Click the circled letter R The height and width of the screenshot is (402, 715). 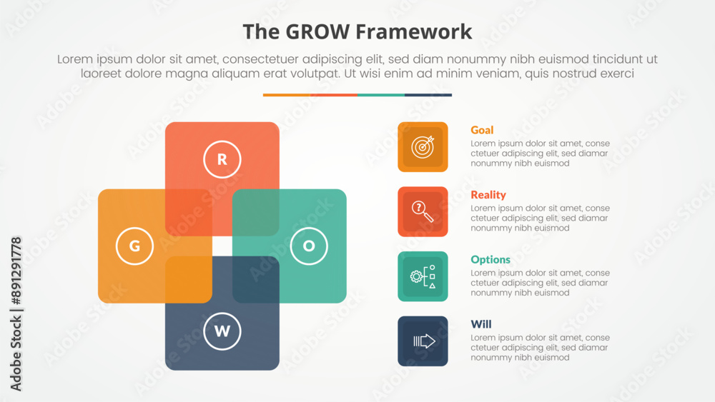[222, 160]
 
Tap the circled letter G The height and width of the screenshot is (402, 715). [134, 246]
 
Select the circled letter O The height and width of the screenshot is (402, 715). [309, 246]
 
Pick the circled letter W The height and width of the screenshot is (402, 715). [222, 331]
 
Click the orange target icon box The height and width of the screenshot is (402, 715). [423, 147]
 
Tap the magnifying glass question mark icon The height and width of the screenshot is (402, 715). [423, 211]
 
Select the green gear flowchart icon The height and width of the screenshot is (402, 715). [423, 276]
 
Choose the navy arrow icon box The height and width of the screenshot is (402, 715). [423, 341]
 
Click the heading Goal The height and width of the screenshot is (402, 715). [482, 130]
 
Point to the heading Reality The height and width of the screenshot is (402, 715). [488, 195]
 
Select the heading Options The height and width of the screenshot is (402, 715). [490, 260]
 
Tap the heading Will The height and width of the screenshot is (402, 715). [481, 324]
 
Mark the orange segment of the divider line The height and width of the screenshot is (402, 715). [286, 94]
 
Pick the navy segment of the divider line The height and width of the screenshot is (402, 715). [428, 94]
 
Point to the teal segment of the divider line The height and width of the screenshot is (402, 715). [380, 94]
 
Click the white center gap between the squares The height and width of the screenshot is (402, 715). [222, 246]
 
